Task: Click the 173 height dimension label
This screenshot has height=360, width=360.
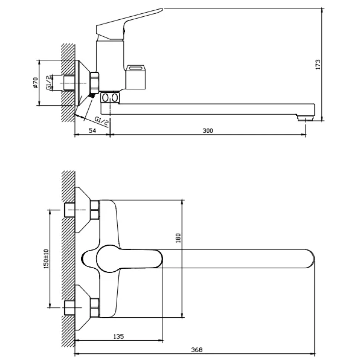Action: [x=318, y=65]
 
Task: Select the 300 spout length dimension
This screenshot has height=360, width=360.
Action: [x=208, y=131]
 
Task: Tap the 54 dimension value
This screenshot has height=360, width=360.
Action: [x=92, y=131]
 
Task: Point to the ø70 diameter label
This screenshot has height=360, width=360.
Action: [x=35, y=83]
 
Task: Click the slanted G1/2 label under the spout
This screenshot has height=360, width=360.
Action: [x=101, y=121]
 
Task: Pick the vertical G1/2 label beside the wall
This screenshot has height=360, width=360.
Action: [x=49, y=83]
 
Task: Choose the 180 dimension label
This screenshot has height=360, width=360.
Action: [x=178, y=238]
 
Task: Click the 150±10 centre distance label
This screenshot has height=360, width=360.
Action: [x=46, y=259]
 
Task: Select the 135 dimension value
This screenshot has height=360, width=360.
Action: [x=119, y=337]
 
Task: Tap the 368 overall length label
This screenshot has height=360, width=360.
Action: [x=197, y=350]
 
